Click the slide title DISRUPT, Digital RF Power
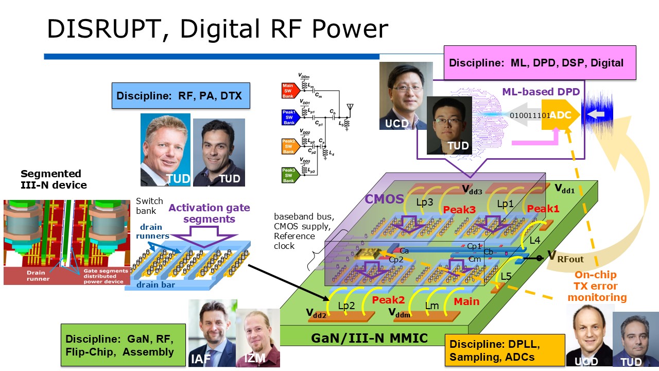(x=217, y=29)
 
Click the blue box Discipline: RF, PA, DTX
(x=181, y=95)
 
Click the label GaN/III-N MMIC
(x=369, y=339)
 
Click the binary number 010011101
(x=529, y=115)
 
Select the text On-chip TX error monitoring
(x=596, y=286)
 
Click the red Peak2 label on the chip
(x=389, y=300)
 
